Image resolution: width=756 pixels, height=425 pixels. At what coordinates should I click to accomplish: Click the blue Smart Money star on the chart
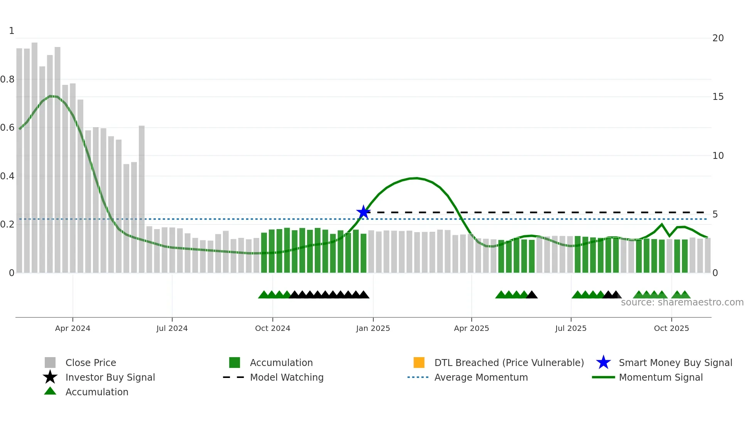coord(363,212)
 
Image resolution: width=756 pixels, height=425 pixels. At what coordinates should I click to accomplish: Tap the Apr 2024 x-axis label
coord(73,328)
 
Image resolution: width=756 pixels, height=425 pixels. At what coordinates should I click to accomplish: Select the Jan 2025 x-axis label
coord(373,328)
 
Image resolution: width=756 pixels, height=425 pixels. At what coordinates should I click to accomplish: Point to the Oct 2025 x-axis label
coord(671,328)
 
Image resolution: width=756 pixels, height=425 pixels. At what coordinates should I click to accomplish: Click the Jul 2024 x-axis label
coord(172,328)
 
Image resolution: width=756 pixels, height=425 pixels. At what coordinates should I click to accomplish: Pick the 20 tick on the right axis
coord(718,38)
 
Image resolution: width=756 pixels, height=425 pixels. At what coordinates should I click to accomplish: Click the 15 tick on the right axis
coord(718,97)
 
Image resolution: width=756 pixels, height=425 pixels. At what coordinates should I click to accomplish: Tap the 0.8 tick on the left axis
coord(7,79)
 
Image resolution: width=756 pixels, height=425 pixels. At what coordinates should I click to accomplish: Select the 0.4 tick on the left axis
coord(7,176)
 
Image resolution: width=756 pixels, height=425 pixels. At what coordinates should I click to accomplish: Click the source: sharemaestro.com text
coord(682,302)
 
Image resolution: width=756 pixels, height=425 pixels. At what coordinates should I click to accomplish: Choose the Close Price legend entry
coord(91,363)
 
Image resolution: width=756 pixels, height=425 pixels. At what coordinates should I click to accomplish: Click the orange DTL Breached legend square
coord(419,363)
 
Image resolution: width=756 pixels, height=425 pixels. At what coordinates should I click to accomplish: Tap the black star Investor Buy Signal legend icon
coord(50,377)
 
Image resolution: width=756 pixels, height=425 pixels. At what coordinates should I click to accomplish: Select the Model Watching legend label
coord(287,377)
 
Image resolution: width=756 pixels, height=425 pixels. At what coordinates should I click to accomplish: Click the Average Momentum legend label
coord(481,377)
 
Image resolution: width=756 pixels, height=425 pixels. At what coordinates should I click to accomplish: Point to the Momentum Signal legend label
coord(661,377)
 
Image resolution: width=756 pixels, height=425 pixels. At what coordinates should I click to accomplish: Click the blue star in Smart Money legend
coord(603,363)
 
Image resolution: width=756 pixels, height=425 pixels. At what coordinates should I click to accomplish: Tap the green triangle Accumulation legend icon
coord(50,391)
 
